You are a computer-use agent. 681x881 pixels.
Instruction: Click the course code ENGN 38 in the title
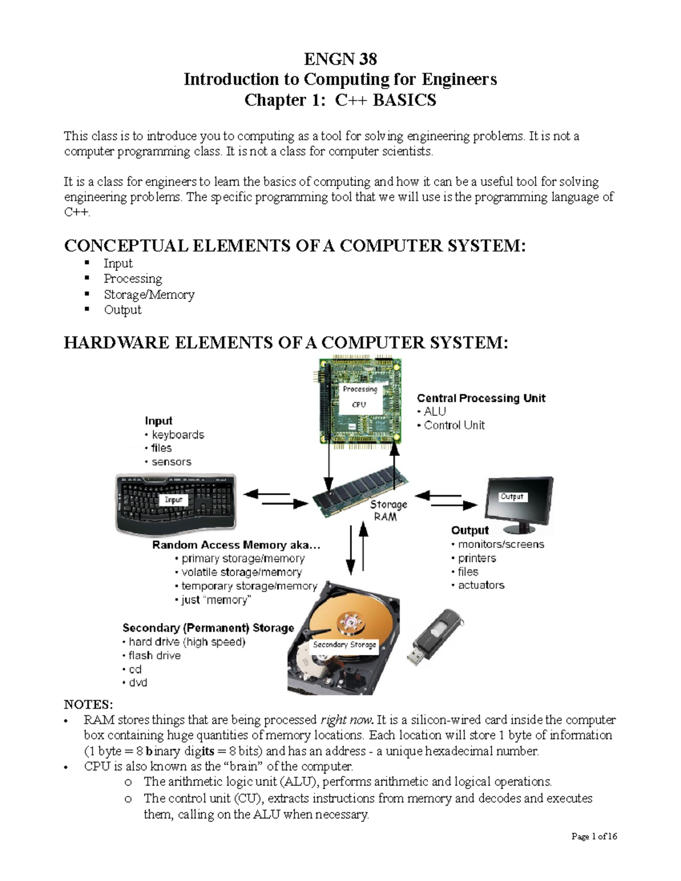tap(340, 59)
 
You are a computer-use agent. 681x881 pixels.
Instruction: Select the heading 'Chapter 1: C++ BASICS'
tap(340, 100)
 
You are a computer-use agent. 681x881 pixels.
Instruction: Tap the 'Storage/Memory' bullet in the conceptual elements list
tap(149, 294)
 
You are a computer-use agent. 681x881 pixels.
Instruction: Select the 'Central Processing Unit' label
tap(481, 398)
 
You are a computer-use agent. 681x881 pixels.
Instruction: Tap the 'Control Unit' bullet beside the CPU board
tap(454, 425)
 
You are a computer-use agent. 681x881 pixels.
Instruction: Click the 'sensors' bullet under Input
tap(171, 462)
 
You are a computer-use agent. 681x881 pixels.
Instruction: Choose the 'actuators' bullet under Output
tap(481, 585)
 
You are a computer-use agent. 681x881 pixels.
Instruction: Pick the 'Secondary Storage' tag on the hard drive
tap(344, 644)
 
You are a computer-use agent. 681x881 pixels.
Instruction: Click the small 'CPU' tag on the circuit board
tap(359, 404)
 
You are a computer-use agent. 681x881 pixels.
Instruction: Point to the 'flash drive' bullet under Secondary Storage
tap(154, 655)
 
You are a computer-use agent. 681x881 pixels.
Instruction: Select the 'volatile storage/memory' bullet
tap(241, 572)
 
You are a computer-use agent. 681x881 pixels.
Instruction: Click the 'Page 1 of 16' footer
tap(594, 836)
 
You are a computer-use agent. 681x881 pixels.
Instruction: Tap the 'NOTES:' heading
tap(89, 705)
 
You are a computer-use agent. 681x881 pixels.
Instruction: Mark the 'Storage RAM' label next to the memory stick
tap(388, 511)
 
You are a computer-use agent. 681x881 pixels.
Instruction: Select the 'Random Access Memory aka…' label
tap(236, 545)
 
